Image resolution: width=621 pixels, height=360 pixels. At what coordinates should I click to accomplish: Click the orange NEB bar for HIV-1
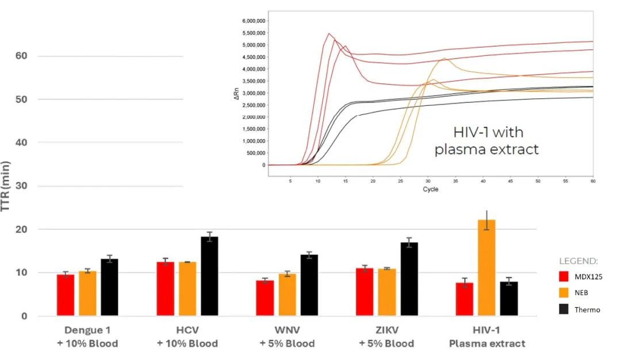pos(486,267)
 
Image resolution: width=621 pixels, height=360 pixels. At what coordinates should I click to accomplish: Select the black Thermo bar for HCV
pos(209,276)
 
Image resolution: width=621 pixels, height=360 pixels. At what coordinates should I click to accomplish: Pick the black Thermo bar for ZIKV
pos(409,279)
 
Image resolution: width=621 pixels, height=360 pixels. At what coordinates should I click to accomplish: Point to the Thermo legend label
pos(587,309)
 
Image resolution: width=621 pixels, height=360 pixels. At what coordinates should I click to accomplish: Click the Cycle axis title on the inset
pos(430,189)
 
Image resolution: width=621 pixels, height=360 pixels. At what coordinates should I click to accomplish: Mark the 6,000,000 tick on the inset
pos(254,21)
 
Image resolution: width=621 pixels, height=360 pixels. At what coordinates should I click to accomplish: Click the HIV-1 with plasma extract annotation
pos(486,141)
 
